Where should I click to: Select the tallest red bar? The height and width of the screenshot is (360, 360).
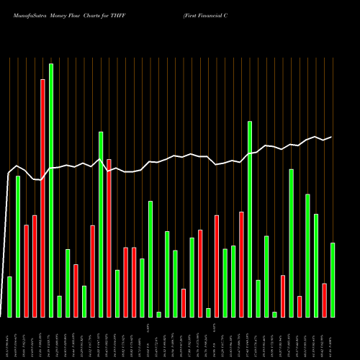pos(42,198)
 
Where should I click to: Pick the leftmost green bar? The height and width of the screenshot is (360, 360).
pos(9,297)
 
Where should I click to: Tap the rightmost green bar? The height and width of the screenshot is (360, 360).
pos(333,280)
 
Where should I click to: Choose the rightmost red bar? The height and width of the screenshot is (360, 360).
pos(324,300)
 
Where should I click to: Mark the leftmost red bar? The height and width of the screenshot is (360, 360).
pos(26,271)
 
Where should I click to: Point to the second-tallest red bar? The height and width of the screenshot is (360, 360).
pos(109,238)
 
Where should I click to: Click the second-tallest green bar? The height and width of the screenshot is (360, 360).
pos(250,219)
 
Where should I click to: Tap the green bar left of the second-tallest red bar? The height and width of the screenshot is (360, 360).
pos(101,224)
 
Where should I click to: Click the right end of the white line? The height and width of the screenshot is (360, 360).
pos(332,137)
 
